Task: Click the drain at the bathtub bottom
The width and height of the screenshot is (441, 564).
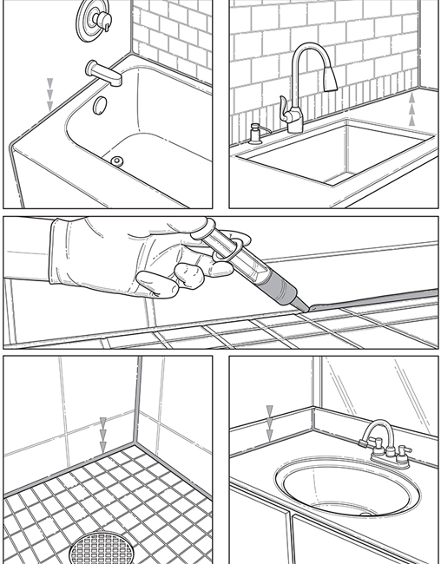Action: pos(117,161)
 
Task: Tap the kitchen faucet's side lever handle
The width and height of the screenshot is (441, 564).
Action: pos(284,109)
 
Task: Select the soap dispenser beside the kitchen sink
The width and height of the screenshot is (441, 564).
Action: pos(255,133)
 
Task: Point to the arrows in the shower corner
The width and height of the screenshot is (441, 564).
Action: pos(103,429)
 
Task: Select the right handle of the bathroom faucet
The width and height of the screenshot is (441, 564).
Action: pos(403,450)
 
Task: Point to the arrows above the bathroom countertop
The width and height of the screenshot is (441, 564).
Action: pos(270,420)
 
